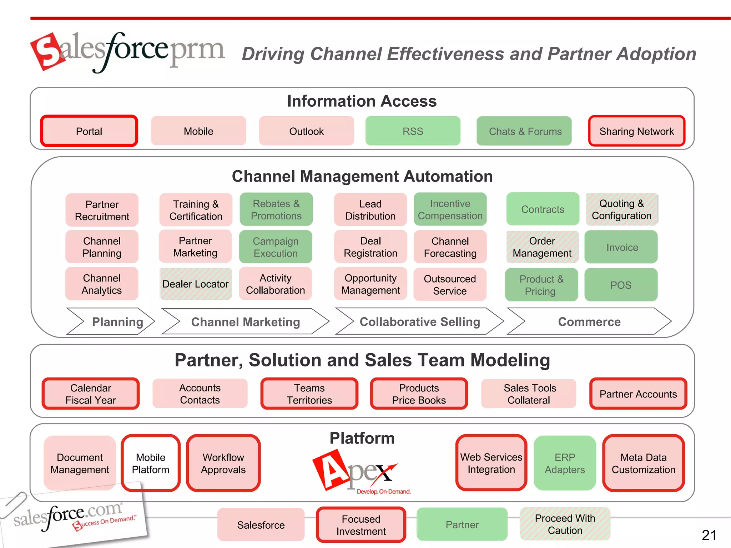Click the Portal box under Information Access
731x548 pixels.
(89, 131)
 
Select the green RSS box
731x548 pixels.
(413, 131)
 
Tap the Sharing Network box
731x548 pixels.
(636, 131)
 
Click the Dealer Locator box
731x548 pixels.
(195, 284)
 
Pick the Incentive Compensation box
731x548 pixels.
(450, 209)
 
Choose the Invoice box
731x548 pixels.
(621, 247)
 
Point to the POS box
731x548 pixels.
(621, 285)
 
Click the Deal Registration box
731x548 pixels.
(370, 247)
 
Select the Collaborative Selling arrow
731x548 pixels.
(419, 321)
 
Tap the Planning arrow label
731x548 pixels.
(117, 321)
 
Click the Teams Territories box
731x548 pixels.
(309, 394)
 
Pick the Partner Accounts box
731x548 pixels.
(638, 394)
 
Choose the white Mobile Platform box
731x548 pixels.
(151, 463)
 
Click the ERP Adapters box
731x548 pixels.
(565, 463)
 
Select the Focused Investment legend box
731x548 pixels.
(361, 525)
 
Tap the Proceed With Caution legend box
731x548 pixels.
(565, 524)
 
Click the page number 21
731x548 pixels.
(709, 535)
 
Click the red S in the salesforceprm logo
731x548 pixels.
(49, 52)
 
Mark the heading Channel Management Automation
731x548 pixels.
(362, 176)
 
